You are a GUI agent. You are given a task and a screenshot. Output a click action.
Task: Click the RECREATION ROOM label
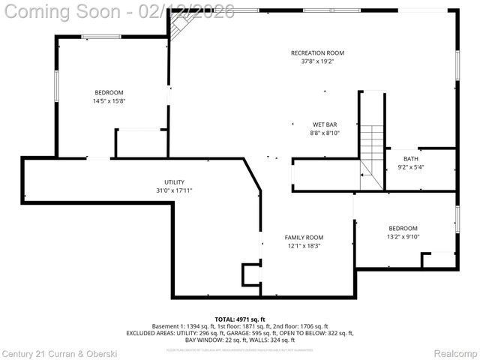pyautogui.click(x=317, y=52)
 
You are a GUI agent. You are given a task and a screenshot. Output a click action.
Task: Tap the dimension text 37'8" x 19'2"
pyautogui.click(x=317, y=61)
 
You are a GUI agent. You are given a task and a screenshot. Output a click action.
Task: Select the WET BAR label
pyautogui.click(x=325, y=124)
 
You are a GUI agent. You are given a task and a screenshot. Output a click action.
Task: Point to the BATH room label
pyautogui.click(x=411, y=158)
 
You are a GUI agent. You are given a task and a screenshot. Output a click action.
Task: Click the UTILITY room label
pyautogui.click(x=174, y=182)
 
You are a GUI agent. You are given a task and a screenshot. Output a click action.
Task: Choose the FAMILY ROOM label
pyautogui.click(x=304, y=237)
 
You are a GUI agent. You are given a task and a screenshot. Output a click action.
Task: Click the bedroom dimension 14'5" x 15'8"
pyautogui.click(x=109, y=101)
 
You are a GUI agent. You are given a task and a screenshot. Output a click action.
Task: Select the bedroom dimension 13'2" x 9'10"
pyautogui.click(x=403, y=237)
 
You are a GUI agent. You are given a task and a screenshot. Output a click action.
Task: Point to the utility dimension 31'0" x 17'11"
pyautogui.click(x=174, y=190)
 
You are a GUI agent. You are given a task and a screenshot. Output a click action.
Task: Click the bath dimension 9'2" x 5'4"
pyautogui.click(x=411, y=167)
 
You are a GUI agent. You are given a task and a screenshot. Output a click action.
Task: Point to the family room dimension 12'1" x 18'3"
pyautogui.click(x=304, y=246)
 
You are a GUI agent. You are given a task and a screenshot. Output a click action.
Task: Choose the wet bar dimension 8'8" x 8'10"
pyautogui.click(x=325, y=133)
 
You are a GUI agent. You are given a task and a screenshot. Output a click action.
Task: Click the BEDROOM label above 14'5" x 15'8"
pyautogui.click(x=109, y=92)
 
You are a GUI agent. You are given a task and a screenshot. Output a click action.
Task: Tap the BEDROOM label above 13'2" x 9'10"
pyautogui.click(x=403, y=228)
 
